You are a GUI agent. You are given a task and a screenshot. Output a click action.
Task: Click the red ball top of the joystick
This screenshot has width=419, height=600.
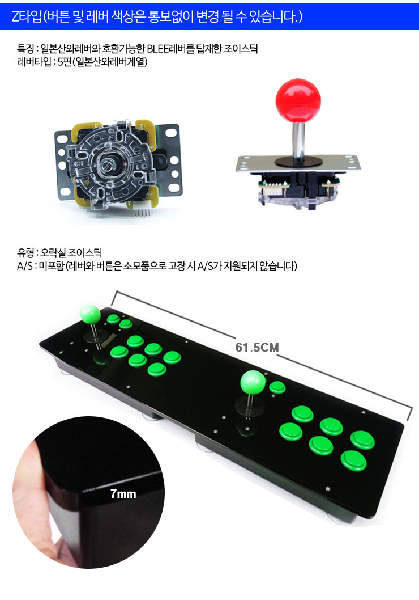298,99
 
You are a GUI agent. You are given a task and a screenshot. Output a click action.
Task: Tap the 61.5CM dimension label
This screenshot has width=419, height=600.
257,348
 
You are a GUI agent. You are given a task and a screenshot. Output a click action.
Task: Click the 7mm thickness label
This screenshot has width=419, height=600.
123,494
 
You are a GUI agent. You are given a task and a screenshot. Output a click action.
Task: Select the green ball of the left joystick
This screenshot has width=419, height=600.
90,315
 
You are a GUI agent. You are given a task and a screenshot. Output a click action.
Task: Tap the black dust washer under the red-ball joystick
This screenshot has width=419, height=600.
299,160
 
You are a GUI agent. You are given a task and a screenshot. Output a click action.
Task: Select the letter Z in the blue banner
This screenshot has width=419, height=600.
15,16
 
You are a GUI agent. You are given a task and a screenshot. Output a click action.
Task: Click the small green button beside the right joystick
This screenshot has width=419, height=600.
277,387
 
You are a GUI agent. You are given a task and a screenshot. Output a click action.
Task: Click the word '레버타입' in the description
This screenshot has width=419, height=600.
33,62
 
